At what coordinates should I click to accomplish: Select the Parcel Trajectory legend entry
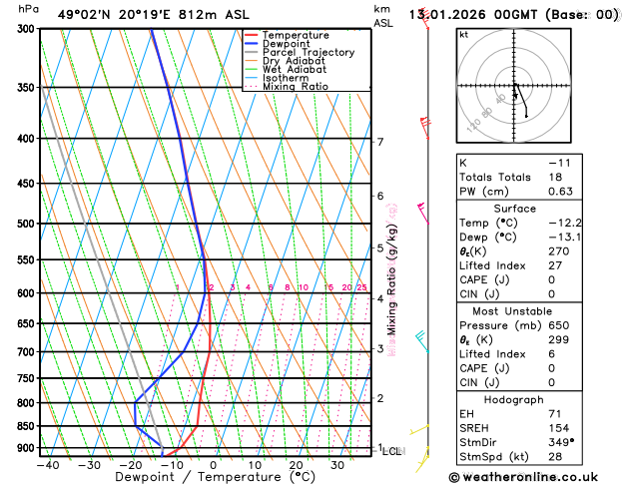pyautogui.click(x=308, y=53)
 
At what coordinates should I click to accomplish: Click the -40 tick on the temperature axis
pyautogui.click(x=46, y=464)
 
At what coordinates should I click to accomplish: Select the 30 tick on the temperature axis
pyautogui.click(x=338, y=464)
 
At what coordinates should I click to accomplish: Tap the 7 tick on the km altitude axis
pyautogui.click(x=379, y=142)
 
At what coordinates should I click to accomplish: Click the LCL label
pyautogui.click(x=392, y=451)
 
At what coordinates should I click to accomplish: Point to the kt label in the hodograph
pyautogui.click(x=463, y=34)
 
